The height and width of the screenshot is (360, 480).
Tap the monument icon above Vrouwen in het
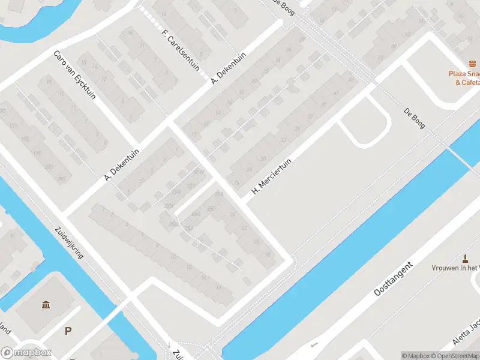point(465,259)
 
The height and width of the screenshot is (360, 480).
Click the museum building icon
point(46,305)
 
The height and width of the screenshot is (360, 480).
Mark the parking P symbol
point(68,331)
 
